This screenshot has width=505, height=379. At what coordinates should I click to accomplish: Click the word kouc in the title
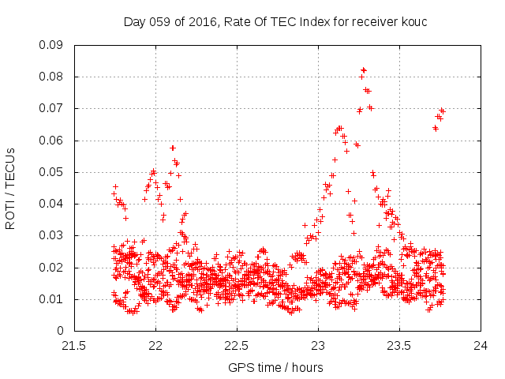(413, 21)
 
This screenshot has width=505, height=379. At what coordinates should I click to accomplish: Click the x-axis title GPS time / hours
(276, 367)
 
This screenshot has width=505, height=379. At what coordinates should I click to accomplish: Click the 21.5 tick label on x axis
(74, 345)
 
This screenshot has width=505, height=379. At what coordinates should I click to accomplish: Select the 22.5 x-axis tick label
(237, 345)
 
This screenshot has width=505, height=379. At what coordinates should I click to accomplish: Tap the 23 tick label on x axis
(318, 345)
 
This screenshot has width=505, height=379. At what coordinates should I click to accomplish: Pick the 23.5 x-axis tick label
(399, 345)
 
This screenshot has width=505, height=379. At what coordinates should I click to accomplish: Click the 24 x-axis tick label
(481, 345)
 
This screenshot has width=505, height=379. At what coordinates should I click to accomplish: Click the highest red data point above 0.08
(363, 69)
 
